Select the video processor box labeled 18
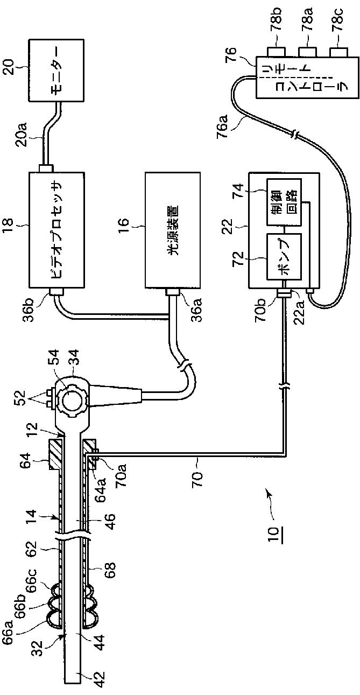click(x=56, y=233)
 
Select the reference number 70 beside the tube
click(x=195, y=476)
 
